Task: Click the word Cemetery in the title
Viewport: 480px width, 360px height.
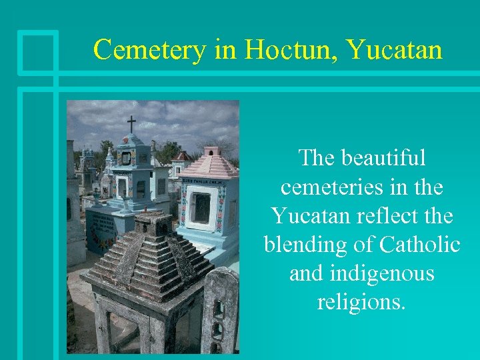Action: point(151,49)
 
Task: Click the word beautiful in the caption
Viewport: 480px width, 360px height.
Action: point(382,159)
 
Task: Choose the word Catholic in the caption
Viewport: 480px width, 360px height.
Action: point(419,245)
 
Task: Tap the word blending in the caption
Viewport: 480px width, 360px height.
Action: point(309,245)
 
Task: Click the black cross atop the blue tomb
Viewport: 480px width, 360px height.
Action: point(131,124)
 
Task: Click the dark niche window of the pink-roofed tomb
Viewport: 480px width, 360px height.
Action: point(201,208)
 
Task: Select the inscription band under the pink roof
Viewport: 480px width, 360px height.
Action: point(209,181)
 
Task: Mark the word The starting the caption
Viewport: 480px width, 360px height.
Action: point(317,159)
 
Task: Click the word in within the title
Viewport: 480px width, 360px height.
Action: point(225,49)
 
